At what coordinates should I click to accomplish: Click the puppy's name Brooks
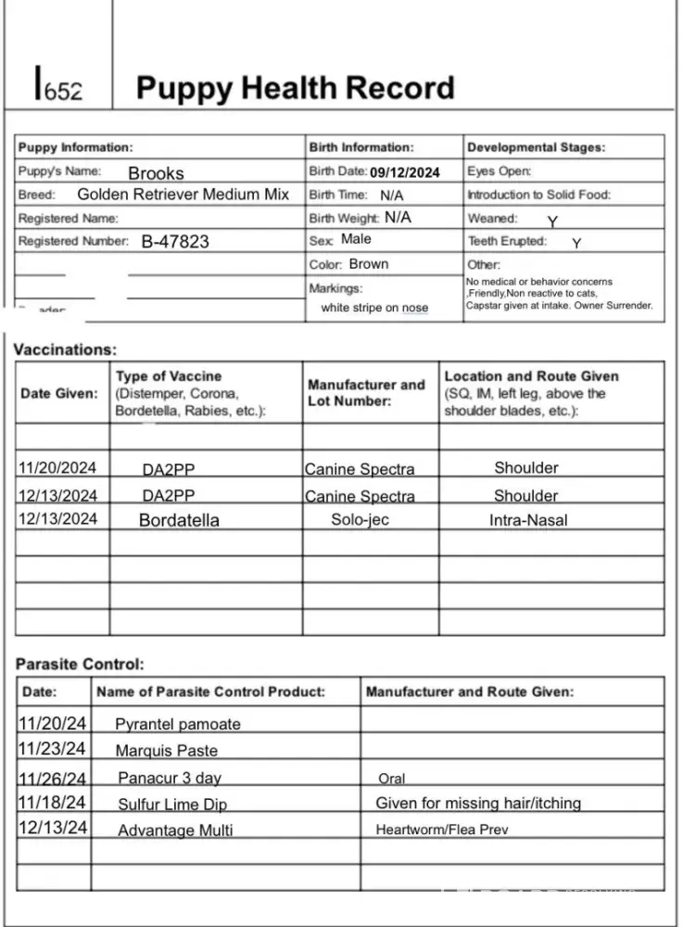coord(156,172)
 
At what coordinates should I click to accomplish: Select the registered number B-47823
coord(175,242)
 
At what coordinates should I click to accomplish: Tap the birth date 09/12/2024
coord(405,172)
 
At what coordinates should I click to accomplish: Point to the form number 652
coord(58,90)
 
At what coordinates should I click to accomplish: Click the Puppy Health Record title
coord(295,88)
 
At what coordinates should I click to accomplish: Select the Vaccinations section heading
coord(66,350)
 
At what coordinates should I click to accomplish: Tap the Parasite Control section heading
coord(80,665)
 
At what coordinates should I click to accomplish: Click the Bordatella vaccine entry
coord(179,520)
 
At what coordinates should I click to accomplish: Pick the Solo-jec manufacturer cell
coord(360,520)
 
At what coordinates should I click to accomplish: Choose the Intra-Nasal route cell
coord(528,520)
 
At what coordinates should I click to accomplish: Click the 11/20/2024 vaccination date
coord(57,468)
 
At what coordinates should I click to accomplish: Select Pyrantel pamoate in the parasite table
coord(178,724)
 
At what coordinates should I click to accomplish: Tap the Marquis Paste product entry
coord(167,750)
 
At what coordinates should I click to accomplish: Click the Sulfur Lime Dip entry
coord(172,804)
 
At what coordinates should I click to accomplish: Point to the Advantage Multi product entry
coord(175,831)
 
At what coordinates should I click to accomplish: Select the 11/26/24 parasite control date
coord(53,778)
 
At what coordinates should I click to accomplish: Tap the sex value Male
coord(356,239)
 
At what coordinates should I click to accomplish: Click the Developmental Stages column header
coord(536,147)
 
